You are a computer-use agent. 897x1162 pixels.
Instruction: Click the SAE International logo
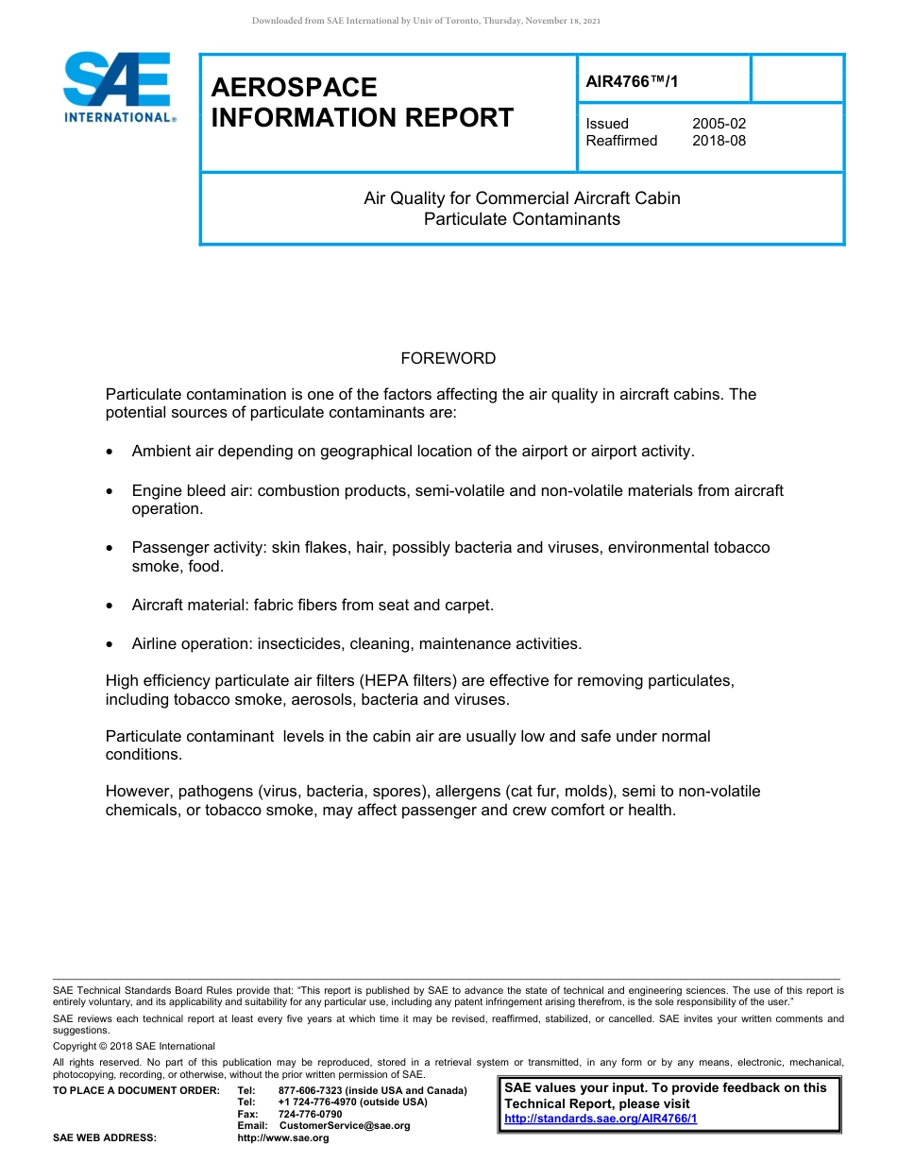(117, 87)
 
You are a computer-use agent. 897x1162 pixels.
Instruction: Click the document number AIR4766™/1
(632, 82)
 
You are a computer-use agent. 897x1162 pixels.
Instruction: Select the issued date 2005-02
(719, 124)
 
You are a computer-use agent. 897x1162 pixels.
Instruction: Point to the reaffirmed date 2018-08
(719, 141)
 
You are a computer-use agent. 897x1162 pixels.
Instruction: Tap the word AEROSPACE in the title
(294, 88)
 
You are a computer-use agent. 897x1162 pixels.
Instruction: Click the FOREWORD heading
(448, 358)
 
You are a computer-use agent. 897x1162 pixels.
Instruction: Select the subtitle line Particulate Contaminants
(521, 219)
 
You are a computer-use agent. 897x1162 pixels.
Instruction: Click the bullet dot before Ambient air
(110, 453)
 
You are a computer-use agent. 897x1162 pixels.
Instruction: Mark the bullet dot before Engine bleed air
(110, 492)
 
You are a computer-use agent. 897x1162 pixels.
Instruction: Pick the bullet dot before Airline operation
(110, 645)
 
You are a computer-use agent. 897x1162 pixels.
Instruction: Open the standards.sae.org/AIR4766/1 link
(601, 1119)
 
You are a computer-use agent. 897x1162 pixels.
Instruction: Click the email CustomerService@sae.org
(344, 1125)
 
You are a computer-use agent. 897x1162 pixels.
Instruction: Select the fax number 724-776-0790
(310, 1114)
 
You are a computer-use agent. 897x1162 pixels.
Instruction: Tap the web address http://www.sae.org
(283, 1137)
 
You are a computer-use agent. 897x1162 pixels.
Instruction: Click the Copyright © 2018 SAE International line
(134, 1046)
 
